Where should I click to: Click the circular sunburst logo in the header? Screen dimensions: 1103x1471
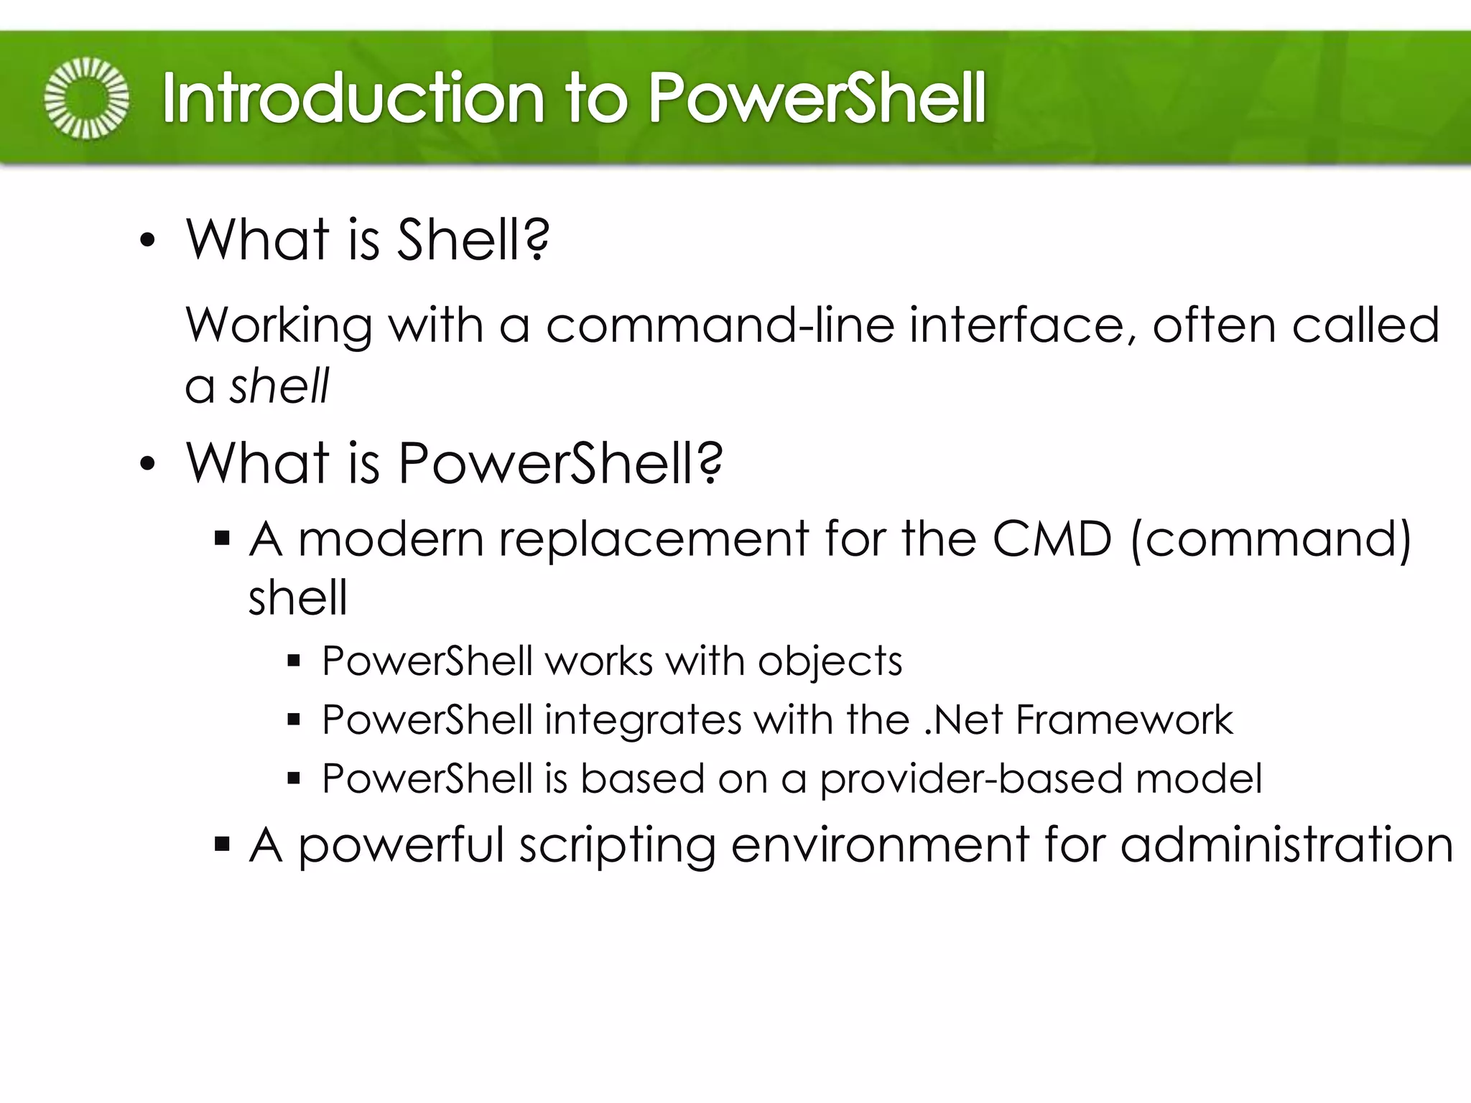[x=87, y=98]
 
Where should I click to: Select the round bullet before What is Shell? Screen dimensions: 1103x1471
[x=147, y=241]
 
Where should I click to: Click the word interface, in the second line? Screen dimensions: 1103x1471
[x=1024, y=325]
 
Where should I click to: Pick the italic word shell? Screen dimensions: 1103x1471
[x=279, y=386]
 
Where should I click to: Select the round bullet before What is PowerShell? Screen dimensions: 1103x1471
[x=147, y=464]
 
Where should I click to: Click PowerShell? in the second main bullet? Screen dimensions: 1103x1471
[x=560, y=462]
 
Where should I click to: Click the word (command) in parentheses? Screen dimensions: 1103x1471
[x=1271, y=539]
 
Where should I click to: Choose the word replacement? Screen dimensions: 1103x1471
[x=654, y=539]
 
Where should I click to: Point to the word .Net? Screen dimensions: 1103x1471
[x=963, y=720]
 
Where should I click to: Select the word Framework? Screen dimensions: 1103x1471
[x=1124, y=720]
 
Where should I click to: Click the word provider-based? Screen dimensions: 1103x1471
[x=970, y=780]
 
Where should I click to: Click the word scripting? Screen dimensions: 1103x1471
[x=618, y=845]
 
